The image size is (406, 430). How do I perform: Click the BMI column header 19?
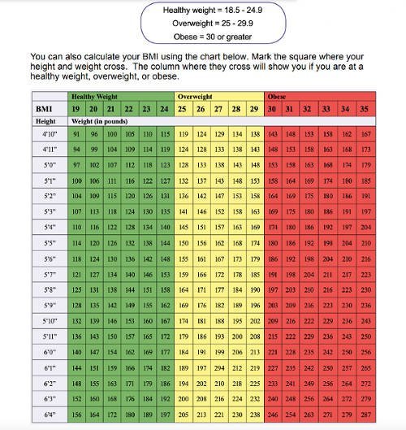tap(76, 108)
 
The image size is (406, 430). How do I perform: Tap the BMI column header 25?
tap(184, 108)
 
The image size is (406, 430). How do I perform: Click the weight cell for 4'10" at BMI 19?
tap(76, 133)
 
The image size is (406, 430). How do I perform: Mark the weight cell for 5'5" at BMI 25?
tap(184, 242)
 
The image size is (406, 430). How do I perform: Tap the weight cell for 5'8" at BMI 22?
tap(129, 289)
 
